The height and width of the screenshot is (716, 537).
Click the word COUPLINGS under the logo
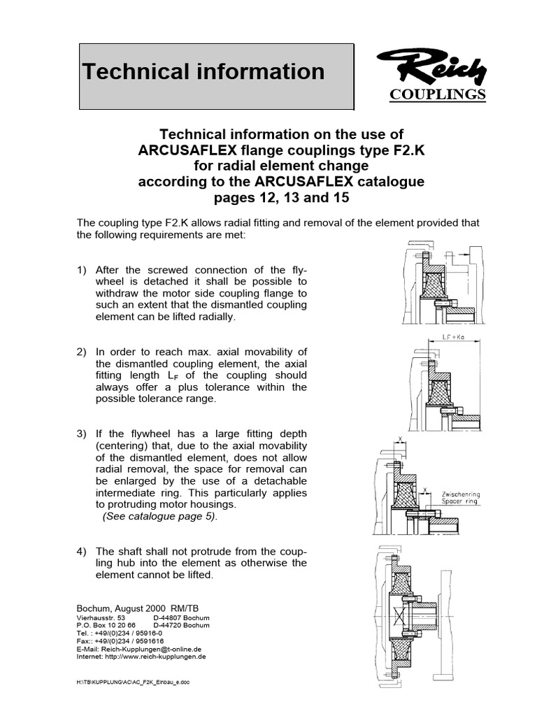[437, 94]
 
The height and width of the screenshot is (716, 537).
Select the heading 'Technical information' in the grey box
[203, 71]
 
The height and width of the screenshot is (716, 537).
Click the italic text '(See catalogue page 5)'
[160, 517]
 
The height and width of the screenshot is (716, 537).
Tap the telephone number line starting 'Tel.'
[119, 633]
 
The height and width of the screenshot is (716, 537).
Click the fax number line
[120, 641]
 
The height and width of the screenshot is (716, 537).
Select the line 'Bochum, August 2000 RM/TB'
[137, 609]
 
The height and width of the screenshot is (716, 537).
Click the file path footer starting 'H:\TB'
[133, 682]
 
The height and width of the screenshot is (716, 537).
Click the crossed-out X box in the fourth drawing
[400, 617]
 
